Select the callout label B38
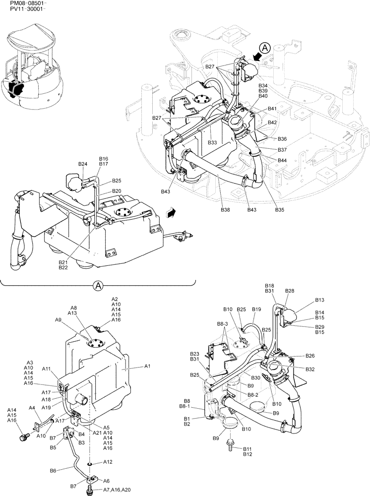(226, 210)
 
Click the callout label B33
(212, 142)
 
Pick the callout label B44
(282, 160)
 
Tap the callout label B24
(82, 164)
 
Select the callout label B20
(117, 191)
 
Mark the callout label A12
(108, 462)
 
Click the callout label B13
(319, 300)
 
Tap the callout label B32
(310, 370)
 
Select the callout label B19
(256, 310)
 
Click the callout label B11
(247, 448)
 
